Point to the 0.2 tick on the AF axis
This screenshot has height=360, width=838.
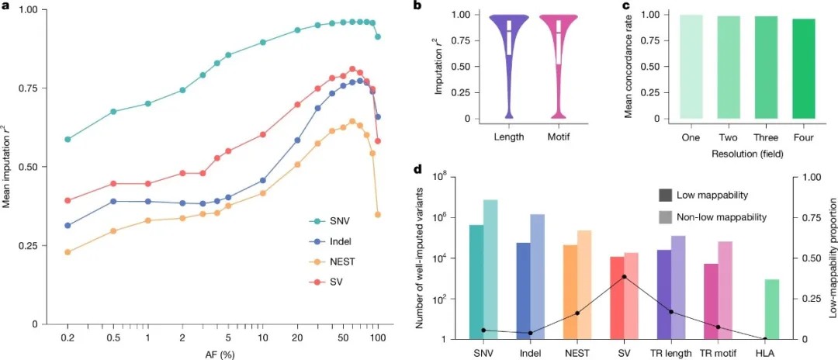click(68, 340)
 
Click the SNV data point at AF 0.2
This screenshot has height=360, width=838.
click(68, 139)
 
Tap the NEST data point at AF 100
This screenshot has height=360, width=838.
click(378, 214)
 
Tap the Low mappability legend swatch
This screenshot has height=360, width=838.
click(665, 195)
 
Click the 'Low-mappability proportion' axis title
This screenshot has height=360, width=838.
click(830, 257)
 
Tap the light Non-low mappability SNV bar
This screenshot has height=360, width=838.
click(490, 269)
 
